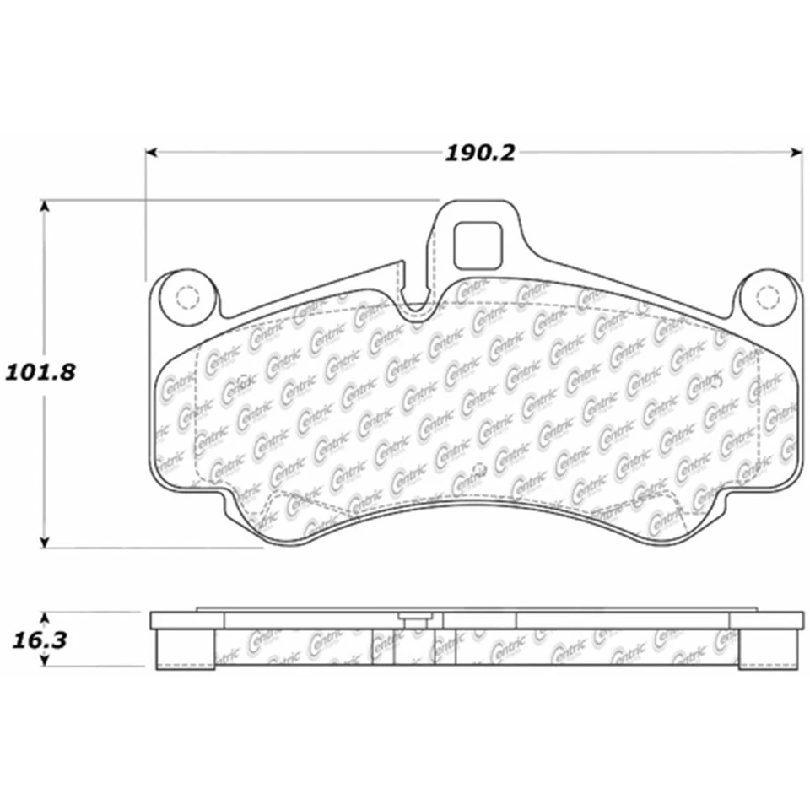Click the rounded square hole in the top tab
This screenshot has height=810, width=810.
coord(478,244)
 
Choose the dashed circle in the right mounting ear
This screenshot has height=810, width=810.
coord(767,297)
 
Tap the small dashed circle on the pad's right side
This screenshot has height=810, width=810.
coord(718,381)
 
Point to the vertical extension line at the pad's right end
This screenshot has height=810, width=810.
coord(802,219)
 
